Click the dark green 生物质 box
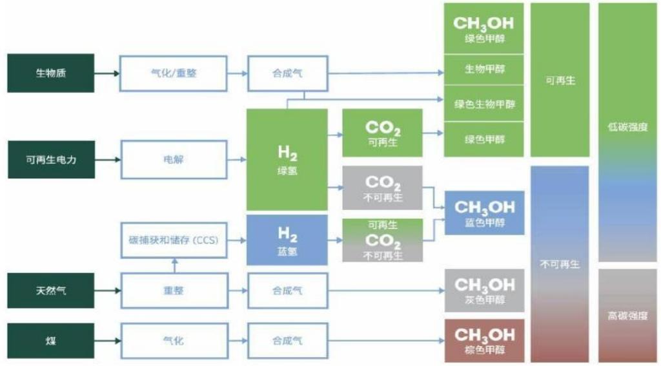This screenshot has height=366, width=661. click(50, 73)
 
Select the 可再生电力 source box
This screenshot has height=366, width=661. click(51, 159)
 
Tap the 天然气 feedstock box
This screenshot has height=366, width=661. click(50, 290)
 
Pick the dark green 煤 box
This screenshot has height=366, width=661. click(50, 340)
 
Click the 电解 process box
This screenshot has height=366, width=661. click(174, 159)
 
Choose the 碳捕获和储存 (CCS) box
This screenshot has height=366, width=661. click(174, 240)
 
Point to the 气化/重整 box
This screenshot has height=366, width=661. click(173, 73)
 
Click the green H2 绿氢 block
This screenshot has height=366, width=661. click(287, 159)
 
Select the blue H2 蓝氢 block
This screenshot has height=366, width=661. click(287, 240)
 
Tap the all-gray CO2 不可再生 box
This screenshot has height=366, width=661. click(382, 188)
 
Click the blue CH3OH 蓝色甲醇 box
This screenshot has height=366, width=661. click(484, 213)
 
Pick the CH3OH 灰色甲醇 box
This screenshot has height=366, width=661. click(484, 290)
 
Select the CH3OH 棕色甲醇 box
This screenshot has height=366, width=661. click(484, 340)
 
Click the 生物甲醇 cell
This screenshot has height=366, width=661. click(484, 70)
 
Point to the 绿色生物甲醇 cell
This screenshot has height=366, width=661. click(484, 104)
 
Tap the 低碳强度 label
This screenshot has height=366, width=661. click(627, 127)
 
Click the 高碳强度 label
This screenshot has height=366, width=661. click(627, 316)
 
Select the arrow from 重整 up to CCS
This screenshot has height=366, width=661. click(174, 265)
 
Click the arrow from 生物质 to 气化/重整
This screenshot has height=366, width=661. click(107, 73)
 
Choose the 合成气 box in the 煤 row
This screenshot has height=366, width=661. click(287, 340)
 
